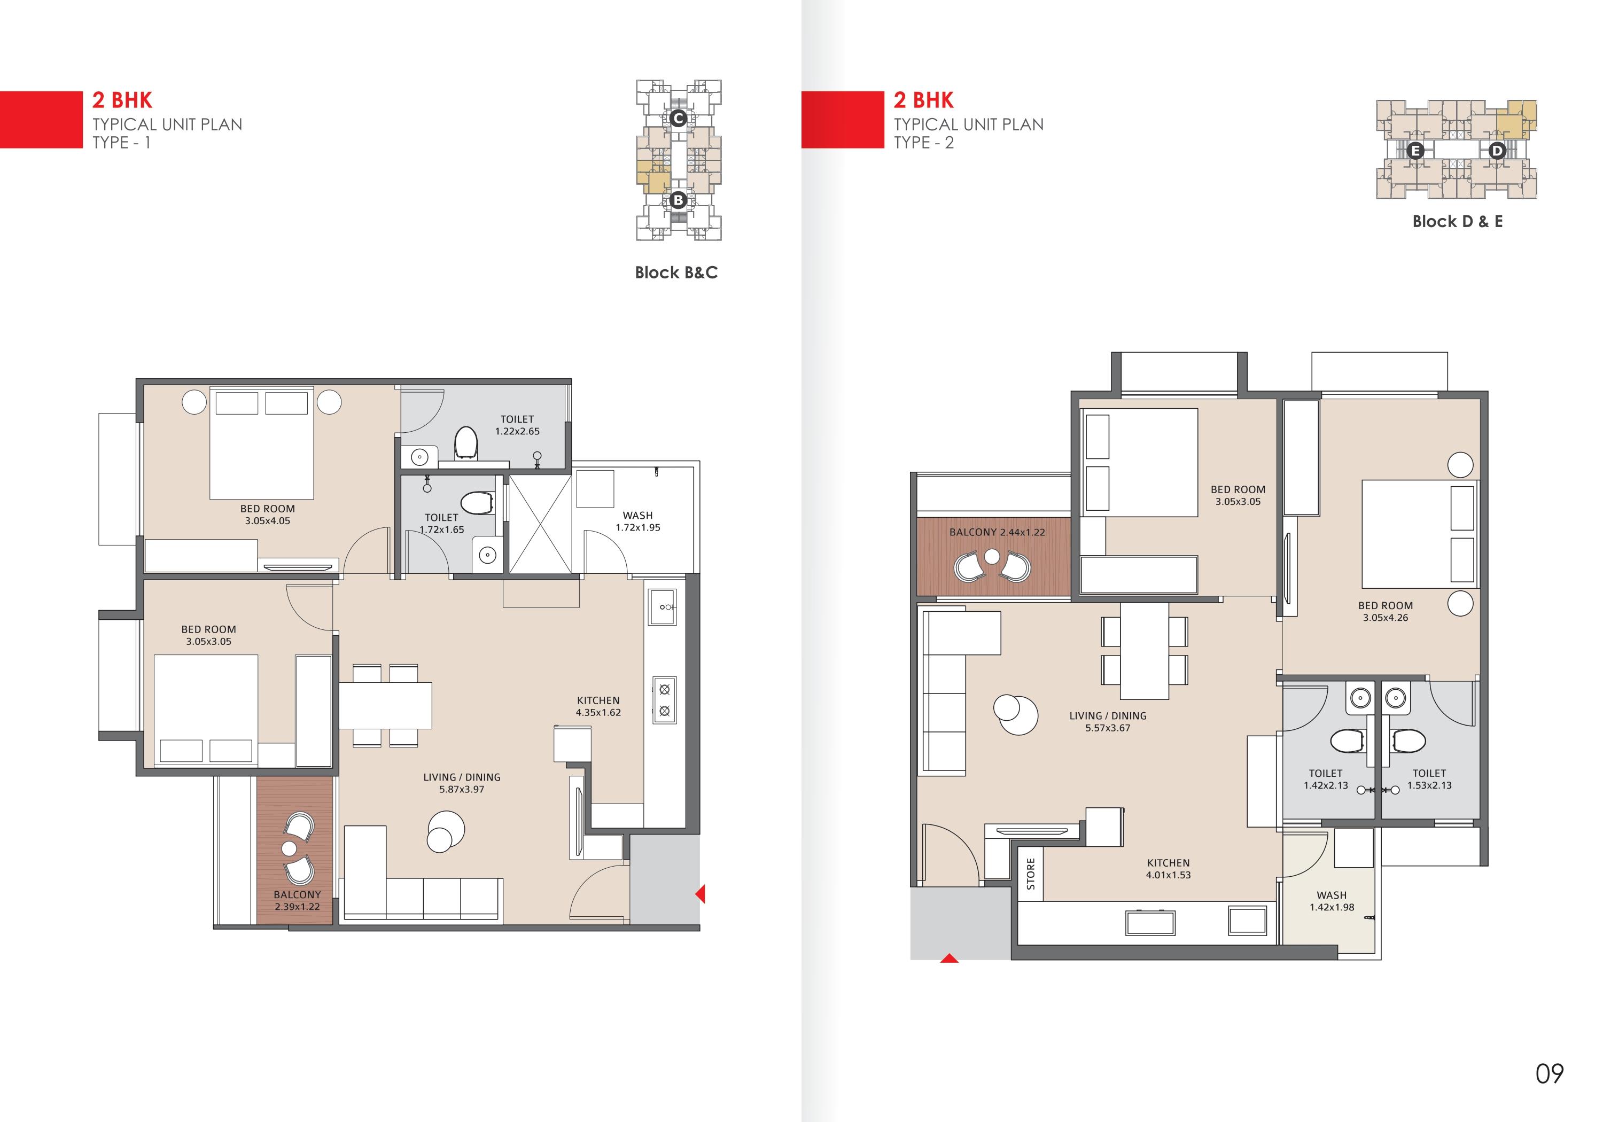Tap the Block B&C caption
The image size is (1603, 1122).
point(676,272)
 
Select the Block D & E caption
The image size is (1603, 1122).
point(1457,221)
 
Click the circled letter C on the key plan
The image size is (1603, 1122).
point(677,119)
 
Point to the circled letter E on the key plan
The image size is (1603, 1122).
point(1415,151)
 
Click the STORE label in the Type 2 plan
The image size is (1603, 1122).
point(1031,874)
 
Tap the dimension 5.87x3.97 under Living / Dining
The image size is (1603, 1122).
point(462,790)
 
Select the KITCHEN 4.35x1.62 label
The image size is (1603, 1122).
point(598,706)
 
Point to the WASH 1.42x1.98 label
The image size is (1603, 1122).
point(1332,901)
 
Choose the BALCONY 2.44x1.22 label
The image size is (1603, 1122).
point(997,532)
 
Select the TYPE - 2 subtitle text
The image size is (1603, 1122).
point(924,143)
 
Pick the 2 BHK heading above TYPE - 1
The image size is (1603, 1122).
point(122,100)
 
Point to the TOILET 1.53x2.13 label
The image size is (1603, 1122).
point(1429,779)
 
